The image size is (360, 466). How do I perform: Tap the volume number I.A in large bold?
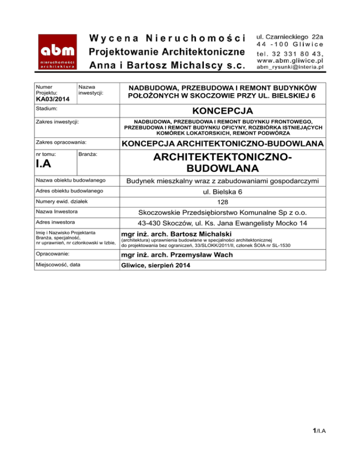click(45, 165)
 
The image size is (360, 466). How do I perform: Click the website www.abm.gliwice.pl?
click(290, 60)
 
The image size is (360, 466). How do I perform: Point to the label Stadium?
click(46, 109)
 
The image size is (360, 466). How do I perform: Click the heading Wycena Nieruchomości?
click(166, 38)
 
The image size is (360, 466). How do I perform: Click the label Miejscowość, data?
click(58, 265)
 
